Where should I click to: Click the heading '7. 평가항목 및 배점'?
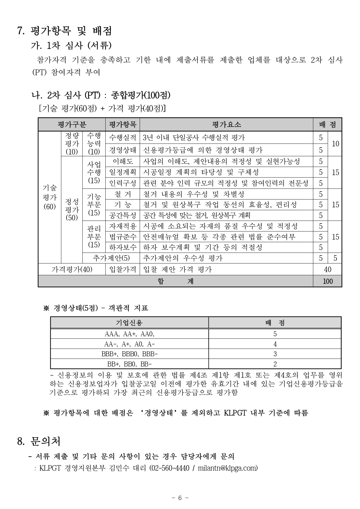[x=64, y=31]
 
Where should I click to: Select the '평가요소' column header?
[x=226, y=125]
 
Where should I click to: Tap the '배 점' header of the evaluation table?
[x=327, y=125]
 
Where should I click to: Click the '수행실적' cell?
[x=123, y=138]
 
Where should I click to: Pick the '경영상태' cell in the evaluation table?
[x=123, y=150]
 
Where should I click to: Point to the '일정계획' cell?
[x=123, y=172]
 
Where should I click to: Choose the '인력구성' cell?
[x=123, y=183]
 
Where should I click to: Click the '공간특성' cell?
[x=123, y=215]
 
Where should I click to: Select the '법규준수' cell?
[x=123, y=237]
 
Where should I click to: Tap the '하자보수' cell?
[x=123, y=247]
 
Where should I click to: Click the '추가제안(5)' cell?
[x=111, y=258]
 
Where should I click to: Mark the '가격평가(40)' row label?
[x=72, y=269]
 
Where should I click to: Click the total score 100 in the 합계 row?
[x=327, y=281]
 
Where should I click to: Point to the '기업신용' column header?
[x=129, y=323]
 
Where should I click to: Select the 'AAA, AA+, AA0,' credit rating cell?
[x=129, y=334]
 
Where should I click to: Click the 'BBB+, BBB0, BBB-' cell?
[x=129, y=354]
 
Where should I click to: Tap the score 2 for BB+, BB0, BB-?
[x=275, y=364]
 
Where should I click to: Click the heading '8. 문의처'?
[x=39, y=442]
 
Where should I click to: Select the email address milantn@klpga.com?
[x=227, y=468]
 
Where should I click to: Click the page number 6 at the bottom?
[x=180, y=498]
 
